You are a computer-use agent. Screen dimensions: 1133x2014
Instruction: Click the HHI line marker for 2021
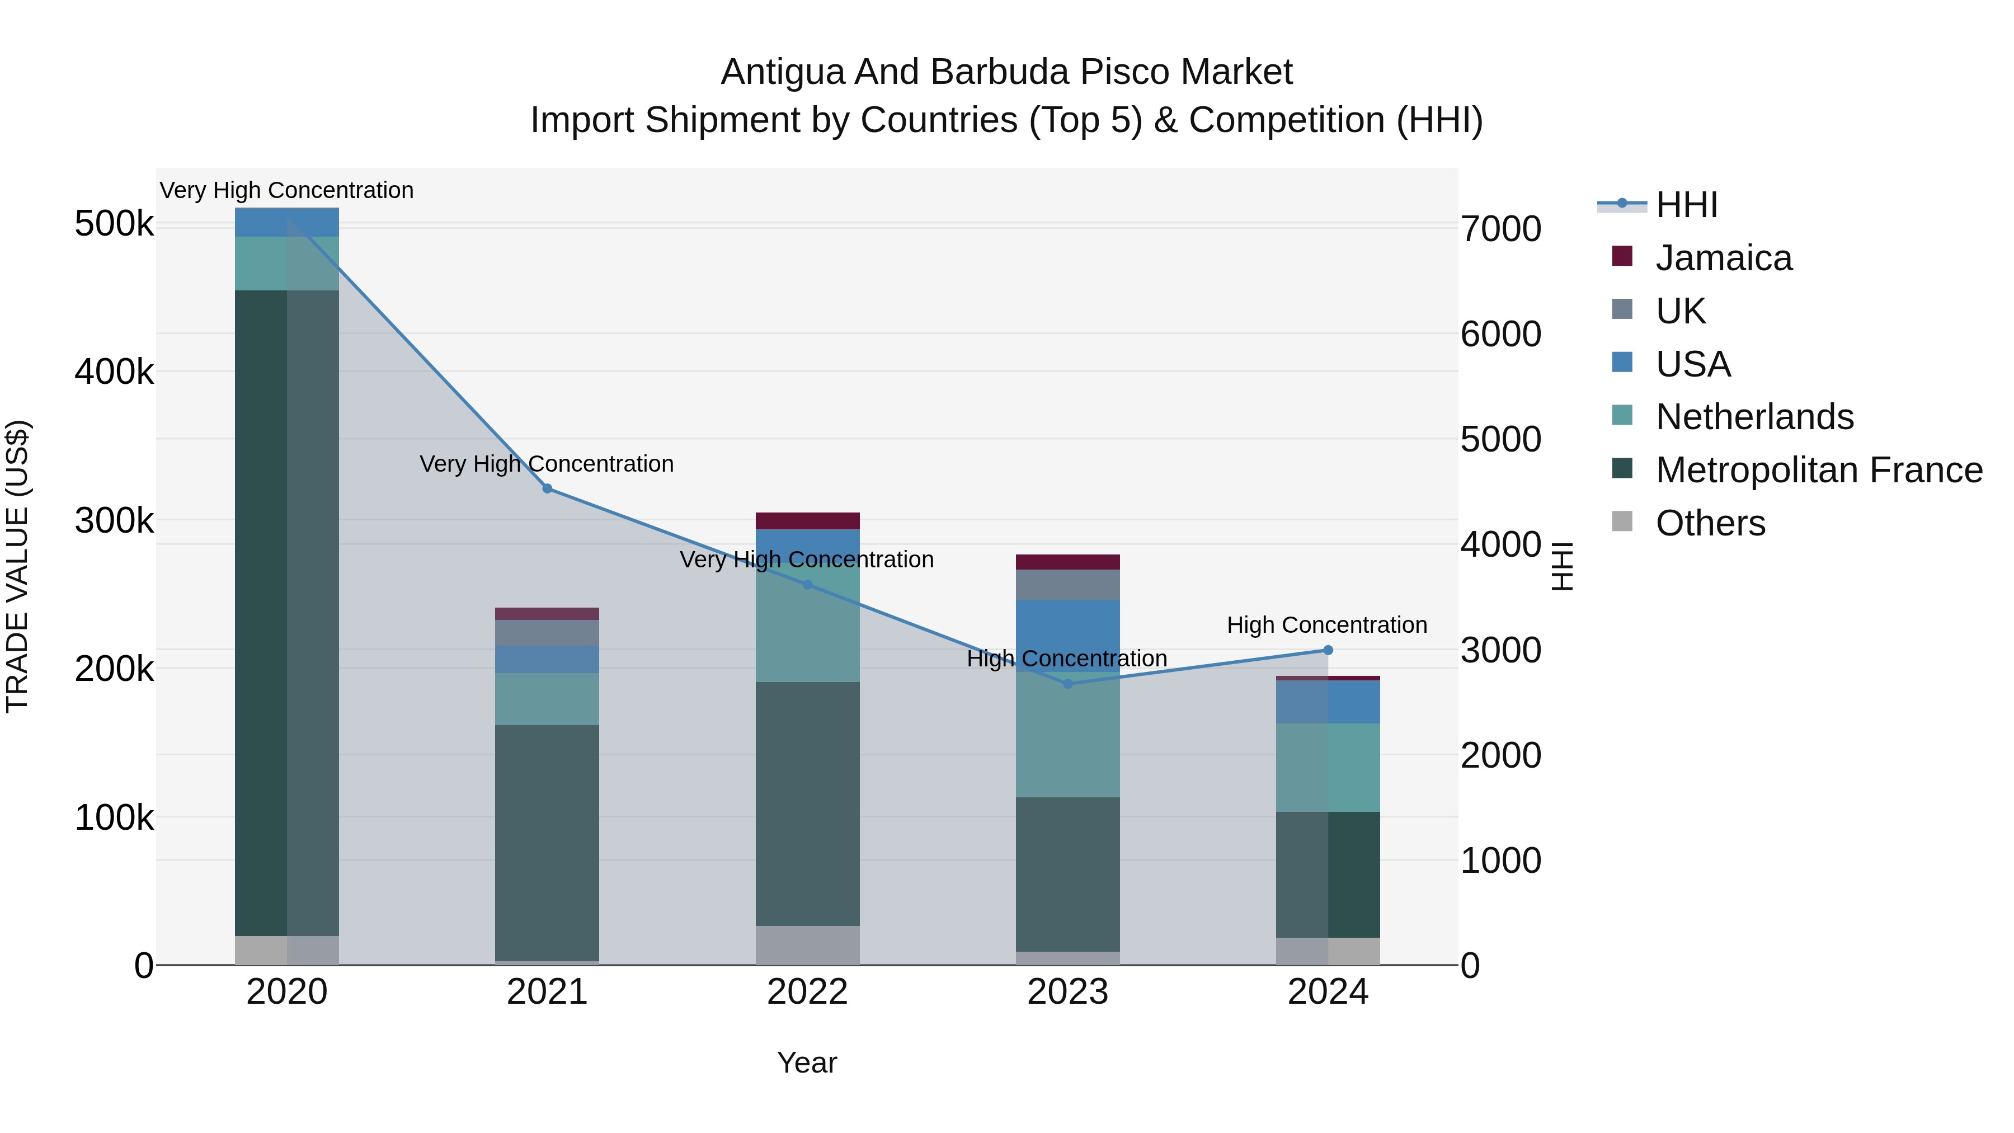[547, 488]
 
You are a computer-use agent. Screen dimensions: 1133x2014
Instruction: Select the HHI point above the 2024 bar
[1328, 650]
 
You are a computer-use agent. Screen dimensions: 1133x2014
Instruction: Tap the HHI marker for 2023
[1068, 683]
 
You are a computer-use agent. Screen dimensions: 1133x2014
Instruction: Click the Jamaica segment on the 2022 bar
[808, 521]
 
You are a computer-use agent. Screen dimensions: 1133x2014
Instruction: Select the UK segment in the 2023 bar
[1067, 584]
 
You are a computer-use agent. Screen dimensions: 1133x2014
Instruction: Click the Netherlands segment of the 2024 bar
[1328, 767]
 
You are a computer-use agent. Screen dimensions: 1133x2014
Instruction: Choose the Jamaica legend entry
[1723, 258]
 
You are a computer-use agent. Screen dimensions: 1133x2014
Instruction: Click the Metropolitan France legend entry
[1819, 470]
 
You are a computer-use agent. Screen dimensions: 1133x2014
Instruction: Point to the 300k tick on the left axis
[114, 521]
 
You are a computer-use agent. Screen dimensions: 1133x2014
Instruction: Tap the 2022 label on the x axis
[808, 992]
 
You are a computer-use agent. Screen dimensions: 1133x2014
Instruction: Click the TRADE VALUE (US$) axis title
[18, 566]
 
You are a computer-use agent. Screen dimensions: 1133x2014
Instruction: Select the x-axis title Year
[807, 1063]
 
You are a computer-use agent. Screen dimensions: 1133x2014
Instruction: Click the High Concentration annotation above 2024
[1327, 625]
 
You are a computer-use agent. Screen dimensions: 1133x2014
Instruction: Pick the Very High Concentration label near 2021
[547, 464]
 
